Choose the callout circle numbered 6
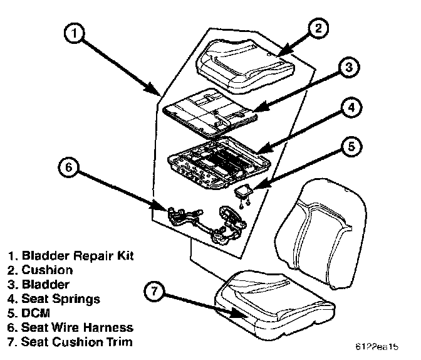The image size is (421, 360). coord(68,169)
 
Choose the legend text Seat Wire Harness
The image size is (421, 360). coord(76,328)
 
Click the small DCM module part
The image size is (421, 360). coord(245,192)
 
